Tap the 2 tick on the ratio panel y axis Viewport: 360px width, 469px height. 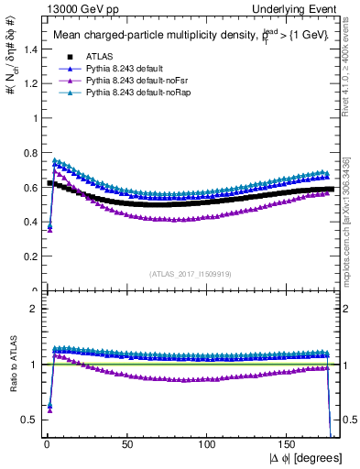click(x=30, y=309)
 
